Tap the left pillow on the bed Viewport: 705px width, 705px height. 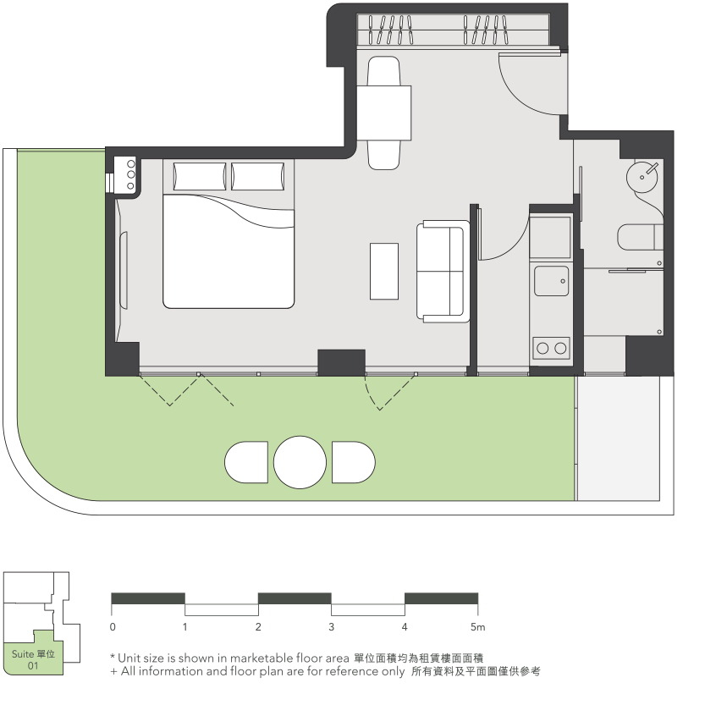200,176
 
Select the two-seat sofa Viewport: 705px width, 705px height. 443,272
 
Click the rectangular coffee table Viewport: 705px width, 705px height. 384,271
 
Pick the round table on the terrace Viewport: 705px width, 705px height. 300,462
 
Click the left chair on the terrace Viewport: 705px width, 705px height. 246,462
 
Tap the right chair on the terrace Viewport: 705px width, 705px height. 354,462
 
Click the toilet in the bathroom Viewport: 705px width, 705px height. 640,237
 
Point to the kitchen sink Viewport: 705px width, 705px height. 551,281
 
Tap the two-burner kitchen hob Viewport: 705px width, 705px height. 551,348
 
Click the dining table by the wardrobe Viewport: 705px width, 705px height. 384,113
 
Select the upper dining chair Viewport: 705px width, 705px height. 383,71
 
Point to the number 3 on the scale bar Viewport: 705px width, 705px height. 332,627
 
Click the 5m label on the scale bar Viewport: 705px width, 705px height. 478,627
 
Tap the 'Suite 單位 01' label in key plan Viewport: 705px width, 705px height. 33,659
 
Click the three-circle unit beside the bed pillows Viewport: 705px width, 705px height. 131,174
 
